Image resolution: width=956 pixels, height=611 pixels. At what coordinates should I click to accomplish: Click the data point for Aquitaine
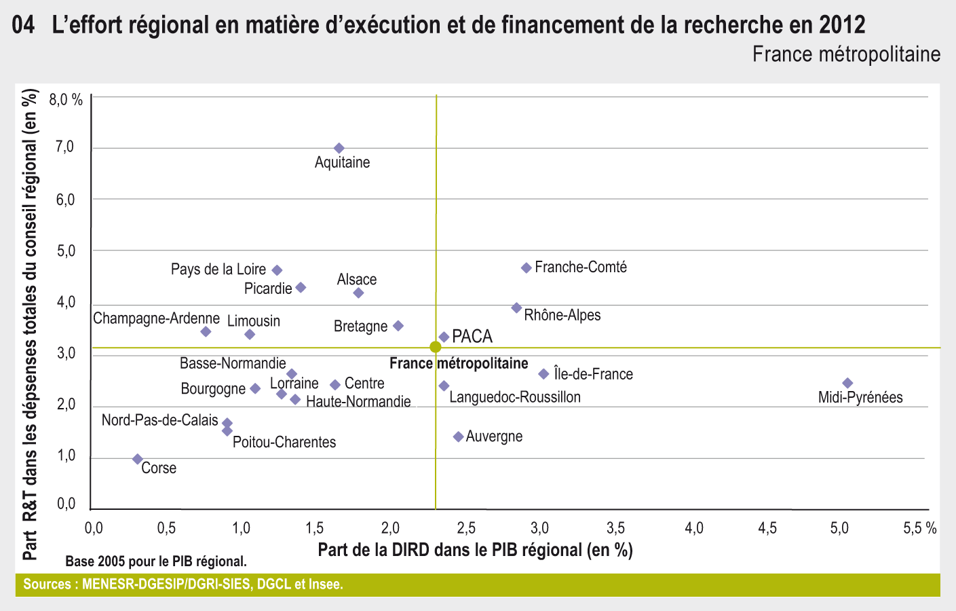(339, 148)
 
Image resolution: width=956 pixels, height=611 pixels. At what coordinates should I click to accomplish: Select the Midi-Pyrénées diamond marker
(847, 383)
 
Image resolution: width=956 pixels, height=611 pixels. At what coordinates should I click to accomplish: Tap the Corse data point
(138, 460)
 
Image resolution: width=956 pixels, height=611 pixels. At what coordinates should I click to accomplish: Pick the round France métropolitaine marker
(436, 347)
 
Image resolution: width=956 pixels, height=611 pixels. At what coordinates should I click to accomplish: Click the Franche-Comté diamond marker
(527, 268)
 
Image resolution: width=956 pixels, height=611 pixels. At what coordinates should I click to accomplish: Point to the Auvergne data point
(458, 437)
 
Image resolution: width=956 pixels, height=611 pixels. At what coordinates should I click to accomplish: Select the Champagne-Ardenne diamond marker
(206, 331)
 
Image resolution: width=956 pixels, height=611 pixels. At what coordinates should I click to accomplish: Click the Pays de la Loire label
(218, 270)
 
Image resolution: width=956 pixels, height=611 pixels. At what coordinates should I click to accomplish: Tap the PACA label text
(472, 337)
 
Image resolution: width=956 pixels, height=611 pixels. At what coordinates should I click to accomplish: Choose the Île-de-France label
(593, 374)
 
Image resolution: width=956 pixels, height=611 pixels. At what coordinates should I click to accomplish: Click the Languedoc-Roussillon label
(515, 397)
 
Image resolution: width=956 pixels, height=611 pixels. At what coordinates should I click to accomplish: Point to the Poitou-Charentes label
(284, 443)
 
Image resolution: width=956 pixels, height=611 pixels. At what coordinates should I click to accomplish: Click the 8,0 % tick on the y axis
(66, 100)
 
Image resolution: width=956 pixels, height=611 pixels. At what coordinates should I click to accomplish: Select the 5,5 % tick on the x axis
(920, 529)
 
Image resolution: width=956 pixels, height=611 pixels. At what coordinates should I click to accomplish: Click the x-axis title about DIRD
(475, 549)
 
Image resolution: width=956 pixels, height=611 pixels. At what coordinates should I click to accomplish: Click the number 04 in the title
(24, 26)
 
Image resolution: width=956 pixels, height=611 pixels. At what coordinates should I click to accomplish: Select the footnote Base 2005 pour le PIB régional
(156, 561)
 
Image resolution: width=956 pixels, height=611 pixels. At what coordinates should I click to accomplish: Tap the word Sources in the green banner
(46, 585)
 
